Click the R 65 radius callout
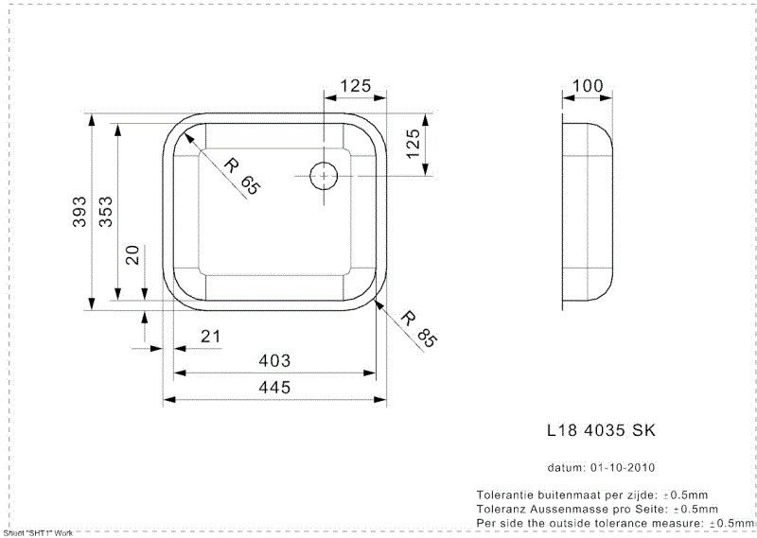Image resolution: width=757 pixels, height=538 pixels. tap(240, 176)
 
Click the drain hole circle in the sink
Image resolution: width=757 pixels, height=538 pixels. tap(325, 175)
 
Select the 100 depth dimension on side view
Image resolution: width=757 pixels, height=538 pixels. tap(587, 86)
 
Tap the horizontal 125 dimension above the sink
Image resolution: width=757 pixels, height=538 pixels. tap(354, 86)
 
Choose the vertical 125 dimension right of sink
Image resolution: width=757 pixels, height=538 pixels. tap(413, 146)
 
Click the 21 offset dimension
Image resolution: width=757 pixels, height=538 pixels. tap(210, 337)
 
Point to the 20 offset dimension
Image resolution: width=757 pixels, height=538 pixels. tap(133, 254)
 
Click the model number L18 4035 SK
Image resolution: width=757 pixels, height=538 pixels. tap(601, 430)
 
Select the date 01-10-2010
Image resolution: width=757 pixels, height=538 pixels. tap(624, 468)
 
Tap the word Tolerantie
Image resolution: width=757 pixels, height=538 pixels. tap(509, 495)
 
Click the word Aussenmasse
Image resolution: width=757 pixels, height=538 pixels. tap(556, 509)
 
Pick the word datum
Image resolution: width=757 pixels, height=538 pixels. tap(566, 468)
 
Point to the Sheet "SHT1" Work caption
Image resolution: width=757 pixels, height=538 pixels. tap(38, 533)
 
